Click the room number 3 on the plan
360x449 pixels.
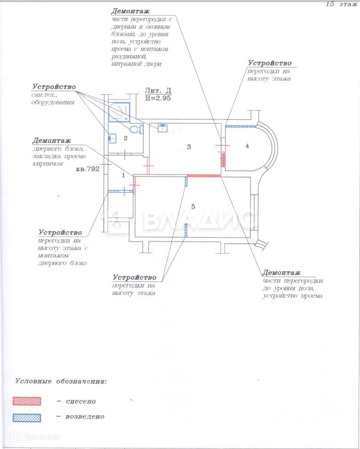pos(189,147)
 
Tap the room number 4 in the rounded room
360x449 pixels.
pos(247,146)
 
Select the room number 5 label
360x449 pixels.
pos(193,206)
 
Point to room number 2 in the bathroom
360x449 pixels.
pos(126,138)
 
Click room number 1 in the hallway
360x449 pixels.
pos(124,175)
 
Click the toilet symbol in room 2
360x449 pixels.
pos(135,129)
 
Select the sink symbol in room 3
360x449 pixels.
pos(163,127)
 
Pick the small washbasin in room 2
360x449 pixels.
pos(112,138)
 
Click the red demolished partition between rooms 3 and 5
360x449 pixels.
pos(204,175)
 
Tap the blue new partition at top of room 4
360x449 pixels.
pos(241,126)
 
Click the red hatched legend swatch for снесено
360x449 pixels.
pos(26,401)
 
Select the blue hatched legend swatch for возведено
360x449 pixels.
pos(26,417)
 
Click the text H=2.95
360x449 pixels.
pos(158,99)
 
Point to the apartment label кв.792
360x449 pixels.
pos(87,169)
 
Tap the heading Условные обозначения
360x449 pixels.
pos(61,381)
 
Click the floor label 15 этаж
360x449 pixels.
pos(341,4)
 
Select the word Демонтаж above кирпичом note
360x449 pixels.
pos(51,141)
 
